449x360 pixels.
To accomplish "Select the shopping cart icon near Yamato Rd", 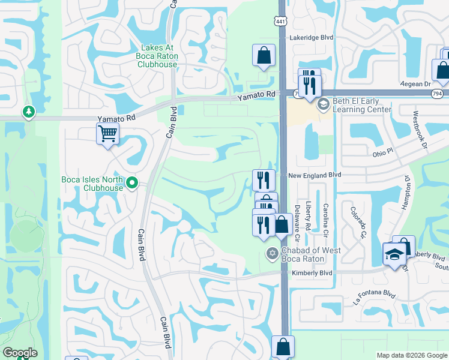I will pos(107,133).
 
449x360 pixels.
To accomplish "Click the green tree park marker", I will pos(28,111).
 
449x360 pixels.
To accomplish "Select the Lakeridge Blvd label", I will pos(311,37).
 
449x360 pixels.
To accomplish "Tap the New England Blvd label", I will pos(314,175).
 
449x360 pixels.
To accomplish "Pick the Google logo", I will pos(20,353).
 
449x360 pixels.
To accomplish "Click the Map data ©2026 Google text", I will pos(412,355).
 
